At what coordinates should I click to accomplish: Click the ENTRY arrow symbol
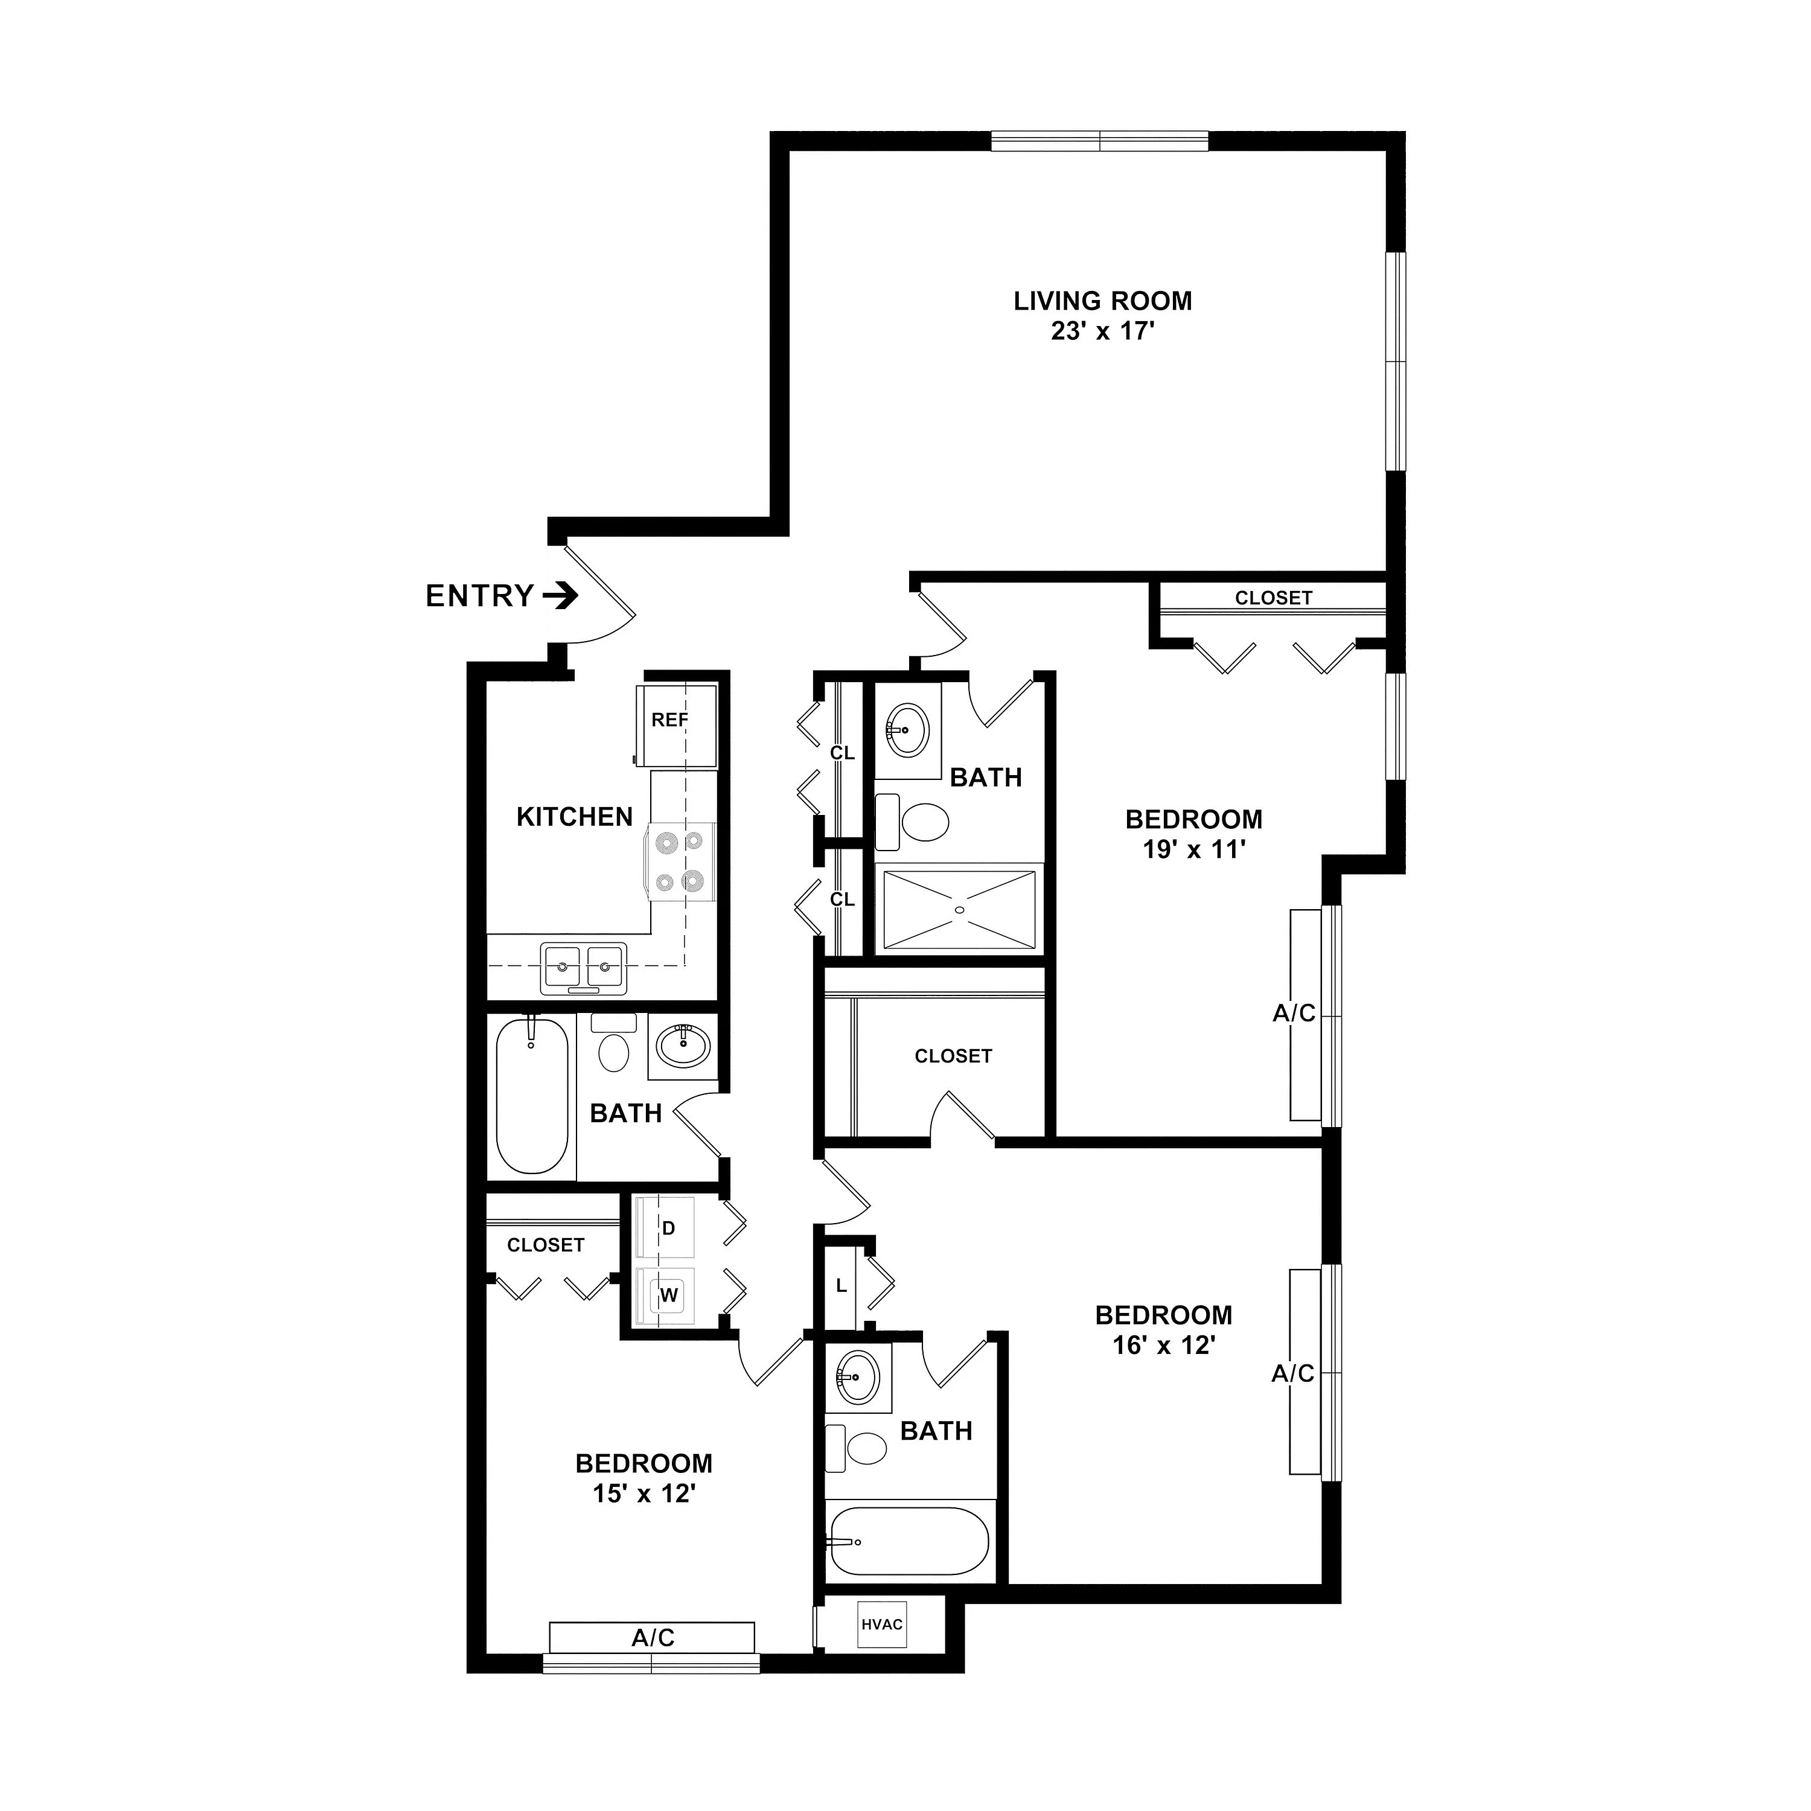pyautogui.click(x=561, y=595)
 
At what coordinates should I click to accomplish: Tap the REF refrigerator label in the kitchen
pyautogui.click(x=669, y=720)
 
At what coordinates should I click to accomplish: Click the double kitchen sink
pyautogui.click(x=583, y=967)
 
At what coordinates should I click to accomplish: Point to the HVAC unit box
pyautogui.click(x=882, y=1624)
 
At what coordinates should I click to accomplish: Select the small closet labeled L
pyautogui.click(x=841, y=1286)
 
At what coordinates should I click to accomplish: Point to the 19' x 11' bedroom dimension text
pyautogui.click(x=1193, y=849)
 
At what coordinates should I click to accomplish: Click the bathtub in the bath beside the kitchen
pyautogui.click(x=531, y=1095)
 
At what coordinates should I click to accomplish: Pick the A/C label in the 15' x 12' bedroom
pyautogui.click(x=653, y=1638)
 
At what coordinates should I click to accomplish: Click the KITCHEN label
pyautogui.click(x=575, y=816)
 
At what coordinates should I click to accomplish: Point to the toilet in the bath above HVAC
pyautogui.click(x=856, y=1448)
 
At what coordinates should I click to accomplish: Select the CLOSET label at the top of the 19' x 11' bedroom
pyautogui.click(x=1273, y=598)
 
